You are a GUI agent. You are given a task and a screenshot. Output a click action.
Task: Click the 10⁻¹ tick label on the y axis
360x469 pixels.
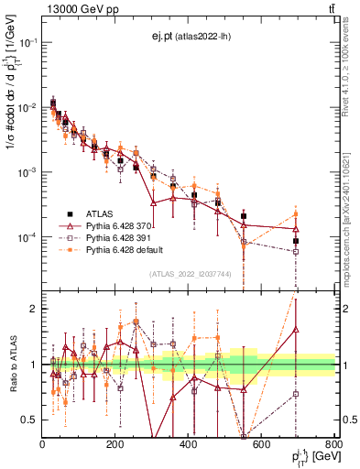[x=27, y=43]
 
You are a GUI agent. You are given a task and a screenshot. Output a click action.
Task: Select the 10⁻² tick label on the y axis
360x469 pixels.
[x=27, y=108]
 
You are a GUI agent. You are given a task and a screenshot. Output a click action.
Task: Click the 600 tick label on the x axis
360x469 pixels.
[x=262, y=445]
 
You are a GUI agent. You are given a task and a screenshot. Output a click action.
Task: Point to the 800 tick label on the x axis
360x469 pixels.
[x=334, y=445]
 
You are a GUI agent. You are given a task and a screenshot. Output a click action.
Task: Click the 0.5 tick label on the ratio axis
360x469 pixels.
[x=29, y=420]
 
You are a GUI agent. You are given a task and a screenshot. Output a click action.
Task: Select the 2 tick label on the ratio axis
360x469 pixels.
[x=35, y=309]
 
